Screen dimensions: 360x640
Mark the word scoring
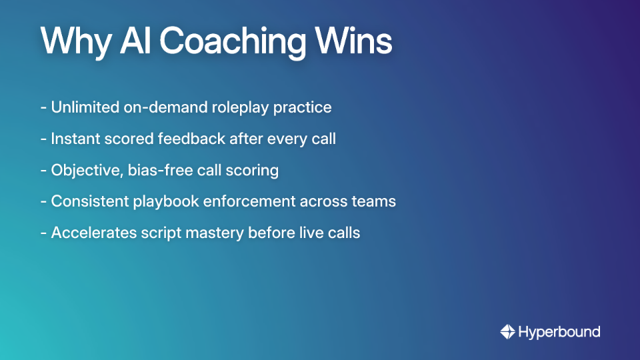tap(253, 171)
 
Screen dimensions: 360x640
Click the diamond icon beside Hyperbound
tap(507, 331)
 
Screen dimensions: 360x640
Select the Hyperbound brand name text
tap(559, 331)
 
